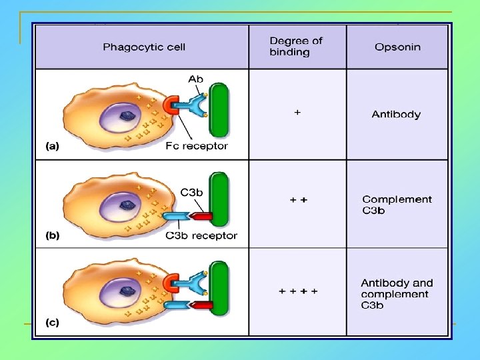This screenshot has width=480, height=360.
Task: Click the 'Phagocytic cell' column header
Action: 144,47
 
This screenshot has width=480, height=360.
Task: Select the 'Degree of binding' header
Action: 295,46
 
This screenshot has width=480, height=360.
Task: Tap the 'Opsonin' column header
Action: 397,47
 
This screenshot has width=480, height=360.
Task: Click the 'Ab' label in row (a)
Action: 195,79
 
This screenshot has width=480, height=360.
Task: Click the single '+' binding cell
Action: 297,113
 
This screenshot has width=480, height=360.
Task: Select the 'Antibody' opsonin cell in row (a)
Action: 396,115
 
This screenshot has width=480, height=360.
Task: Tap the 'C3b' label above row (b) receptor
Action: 191,192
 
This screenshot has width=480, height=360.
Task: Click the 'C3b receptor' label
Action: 201,235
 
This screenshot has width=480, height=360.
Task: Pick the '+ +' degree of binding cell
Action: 297,199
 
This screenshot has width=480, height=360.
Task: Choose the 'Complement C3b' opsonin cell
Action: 397,205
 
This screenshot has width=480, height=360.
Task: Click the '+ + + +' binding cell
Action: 297,291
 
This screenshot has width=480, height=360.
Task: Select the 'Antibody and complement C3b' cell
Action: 397,293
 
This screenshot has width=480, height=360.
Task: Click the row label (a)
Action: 51,146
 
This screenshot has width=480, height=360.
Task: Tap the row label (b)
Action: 51,235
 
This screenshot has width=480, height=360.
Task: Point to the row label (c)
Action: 51,323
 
